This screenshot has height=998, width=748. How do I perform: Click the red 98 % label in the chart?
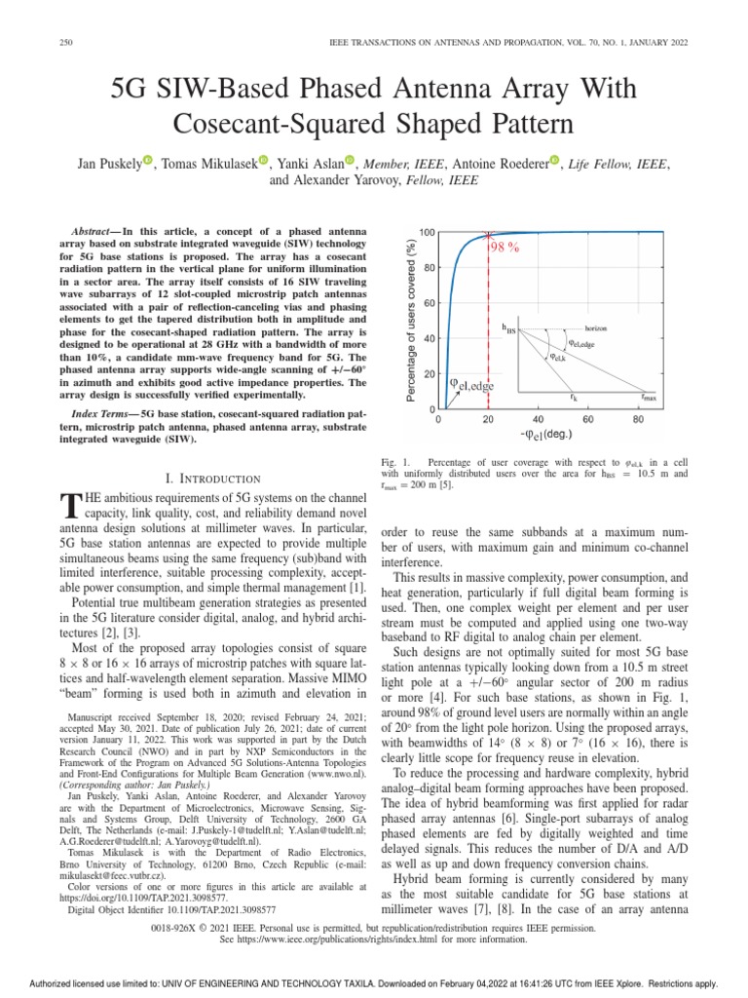coord(504,248)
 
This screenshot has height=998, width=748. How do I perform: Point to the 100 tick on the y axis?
coord(428,232)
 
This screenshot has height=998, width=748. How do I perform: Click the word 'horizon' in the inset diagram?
coord(597,328)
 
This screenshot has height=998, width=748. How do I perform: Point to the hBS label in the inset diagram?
coord(508,329)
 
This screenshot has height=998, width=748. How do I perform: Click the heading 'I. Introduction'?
coord(213,479)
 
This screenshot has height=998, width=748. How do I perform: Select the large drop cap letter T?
coord(69,504)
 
